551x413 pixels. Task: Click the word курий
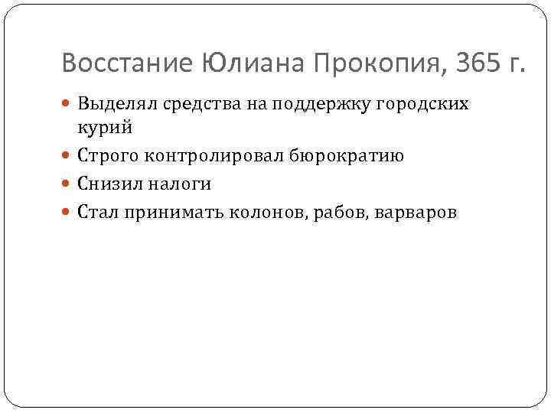105,127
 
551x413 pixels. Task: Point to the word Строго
106,156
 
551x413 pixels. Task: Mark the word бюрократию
344,156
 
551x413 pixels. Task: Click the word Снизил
106,184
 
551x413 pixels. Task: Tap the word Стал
96,212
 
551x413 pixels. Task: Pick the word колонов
265,212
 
